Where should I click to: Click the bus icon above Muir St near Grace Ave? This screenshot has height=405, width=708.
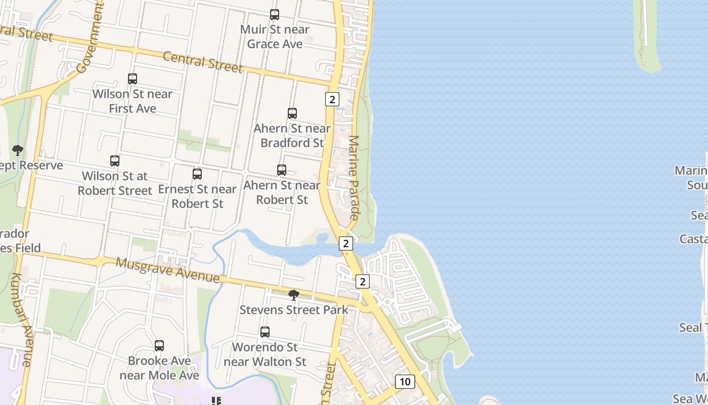tap(275, 15)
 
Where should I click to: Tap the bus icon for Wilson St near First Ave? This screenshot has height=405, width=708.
tap(132, 79)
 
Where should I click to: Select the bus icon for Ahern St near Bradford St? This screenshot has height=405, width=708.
tap(292, 113)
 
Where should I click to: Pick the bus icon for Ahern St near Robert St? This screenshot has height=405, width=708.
tap(282, 170)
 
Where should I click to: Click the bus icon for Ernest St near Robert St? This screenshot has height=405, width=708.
tap(197, 174)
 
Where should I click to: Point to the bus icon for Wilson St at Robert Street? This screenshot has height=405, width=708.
tap(115, 161)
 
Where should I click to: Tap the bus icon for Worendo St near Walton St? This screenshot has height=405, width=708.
tap(265, 332)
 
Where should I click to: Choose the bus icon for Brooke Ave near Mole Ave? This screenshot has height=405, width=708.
tap(159, 346)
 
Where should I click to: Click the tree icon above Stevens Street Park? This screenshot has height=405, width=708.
tap(293, 295)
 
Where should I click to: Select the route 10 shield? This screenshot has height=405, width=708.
tap(405, 381)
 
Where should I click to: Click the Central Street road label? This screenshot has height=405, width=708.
tap(203, 62)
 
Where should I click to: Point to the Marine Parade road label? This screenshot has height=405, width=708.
tap(353, 177)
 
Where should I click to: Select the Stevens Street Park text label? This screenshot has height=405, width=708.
tap(293, 309)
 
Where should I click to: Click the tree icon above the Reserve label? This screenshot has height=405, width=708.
tap(18, 150)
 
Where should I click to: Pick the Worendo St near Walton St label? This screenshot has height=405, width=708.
tap(265, 354)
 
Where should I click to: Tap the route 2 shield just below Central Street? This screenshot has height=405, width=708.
tap(332, 99)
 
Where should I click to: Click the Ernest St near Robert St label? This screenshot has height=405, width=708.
tap(197, 196)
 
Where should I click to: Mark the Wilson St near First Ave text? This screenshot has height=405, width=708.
tap(132, 101)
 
